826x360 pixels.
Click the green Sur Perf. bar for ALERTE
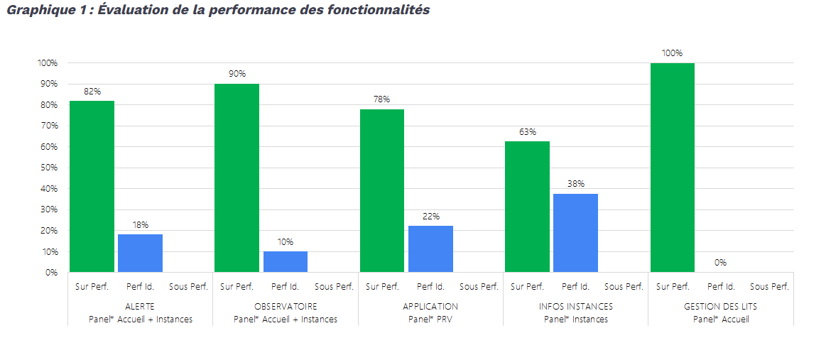tap(92, 186)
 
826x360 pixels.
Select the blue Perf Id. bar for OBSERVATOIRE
tap(285, 261)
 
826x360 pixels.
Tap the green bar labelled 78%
tap(382, 190)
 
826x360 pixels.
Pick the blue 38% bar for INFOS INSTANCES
tap(575, 233)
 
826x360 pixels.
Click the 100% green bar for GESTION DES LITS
tap(673, 168)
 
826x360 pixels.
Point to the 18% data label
tap(140, 225)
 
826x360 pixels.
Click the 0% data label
tap(720, 263)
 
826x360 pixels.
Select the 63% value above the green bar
tap(527, 132)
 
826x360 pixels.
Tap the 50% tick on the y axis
tap(48, 168)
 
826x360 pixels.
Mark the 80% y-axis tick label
tap(48, 105)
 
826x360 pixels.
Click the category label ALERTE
tap(140, 307)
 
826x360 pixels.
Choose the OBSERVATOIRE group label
tap(286, 307)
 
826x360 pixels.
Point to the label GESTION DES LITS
tap(720, 307)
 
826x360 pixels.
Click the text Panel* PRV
tap(430, 320)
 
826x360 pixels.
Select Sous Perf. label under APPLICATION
tap(479, 287)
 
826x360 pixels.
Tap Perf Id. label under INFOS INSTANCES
tap(575, 287)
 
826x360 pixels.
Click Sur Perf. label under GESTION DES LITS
tap(673, 287)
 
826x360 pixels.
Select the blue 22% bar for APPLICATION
tap(430, 249)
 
